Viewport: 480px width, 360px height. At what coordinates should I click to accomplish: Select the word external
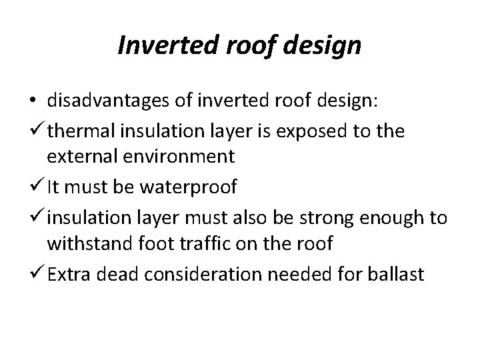coord(80,157)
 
